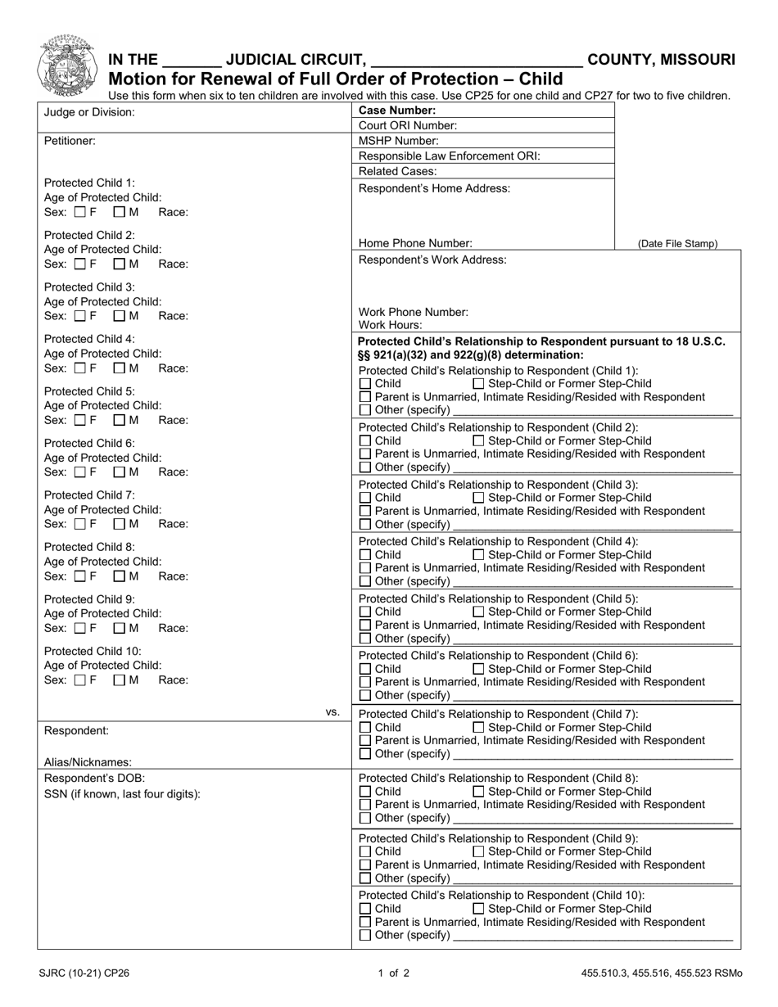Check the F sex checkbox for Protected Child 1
point(79,213)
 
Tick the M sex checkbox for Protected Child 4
point(119,368)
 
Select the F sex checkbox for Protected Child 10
point(79,680)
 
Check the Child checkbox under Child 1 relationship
point(366,384)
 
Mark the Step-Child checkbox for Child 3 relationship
point(479,498)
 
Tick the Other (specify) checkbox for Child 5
point(366,639)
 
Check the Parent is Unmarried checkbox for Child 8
point(366,805)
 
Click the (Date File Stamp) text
point(677,244)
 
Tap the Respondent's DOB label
point(94,778)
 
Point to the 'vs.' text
point(332,712)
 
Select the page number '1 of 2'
point(394,973)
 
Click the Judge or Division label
point(89,112)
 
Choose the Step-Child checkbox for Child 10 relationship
point(479,909)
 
